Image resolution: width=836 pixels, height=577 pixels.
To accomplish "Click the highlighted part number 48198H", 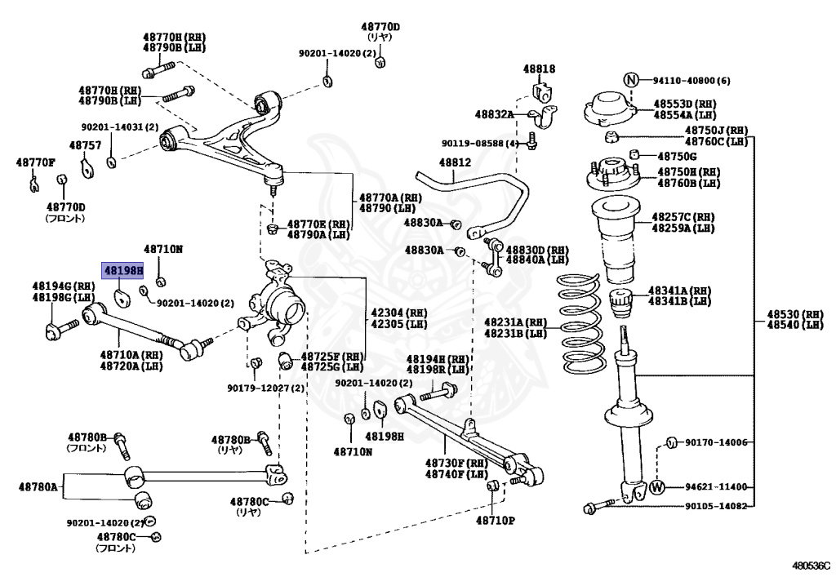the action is pyautogui.click(x=123, y=271).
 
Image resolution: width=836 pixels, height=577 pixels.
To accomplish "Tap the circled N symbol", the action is pyautogui.click(x=631, y=80).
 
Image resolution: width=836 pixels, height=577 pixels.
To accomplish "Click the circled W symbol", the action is pyautogui.click(x=657, y=486).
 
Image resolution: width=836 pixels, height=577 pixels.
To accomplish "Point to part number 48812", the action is pyautogui.click(x=455, y=162).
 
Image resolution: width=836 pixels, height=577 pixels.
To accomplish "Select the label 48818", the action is pyautogui.click(x=539, y=69).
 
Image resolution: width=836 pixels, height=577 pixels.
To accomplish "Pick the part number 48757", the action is pyautogui.click(x=85, y=145).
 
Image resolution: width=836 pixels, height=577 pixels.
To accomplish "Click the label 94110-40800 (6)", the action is pyautogui.click(x=691, y=81).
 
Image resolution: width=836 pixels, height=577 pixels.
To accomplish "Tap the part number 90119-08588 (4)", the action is pyautogui.click(x=480, y=144).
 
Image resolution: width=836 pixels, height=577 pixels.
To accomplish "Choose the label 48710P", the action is pyautogui.click(x=496, y=520).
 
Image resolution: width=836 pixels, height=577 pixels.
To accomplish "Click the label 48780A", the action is pyautogui.click(x=38, y=486).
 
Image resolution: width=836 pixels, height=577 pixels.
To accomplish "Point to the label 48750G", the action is pyautogui.click(x=677, y=156).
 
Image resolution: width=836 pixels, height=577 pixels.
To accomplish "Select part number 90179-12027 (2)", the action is pyautogui.click(x=265, y=388).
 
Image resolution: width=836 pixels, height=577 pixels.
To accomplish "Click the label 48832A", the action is pyautogui.click(x=494, y=114).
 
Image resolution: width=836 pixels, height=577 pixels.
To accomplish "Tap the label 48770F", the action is pyautogui.click(x=35, y=162).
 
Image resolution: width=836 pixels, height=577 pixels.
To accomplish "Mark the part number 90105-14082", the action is pyautogui.click(x=716, y=506).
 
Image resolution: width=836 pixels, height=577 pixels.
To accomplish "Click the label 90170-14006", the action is pyautogui.click(x=716, y=442).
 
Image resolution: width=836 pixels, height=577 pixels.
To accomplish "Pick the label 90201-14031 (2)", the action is pyautogui.click(x=120, y=127).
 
